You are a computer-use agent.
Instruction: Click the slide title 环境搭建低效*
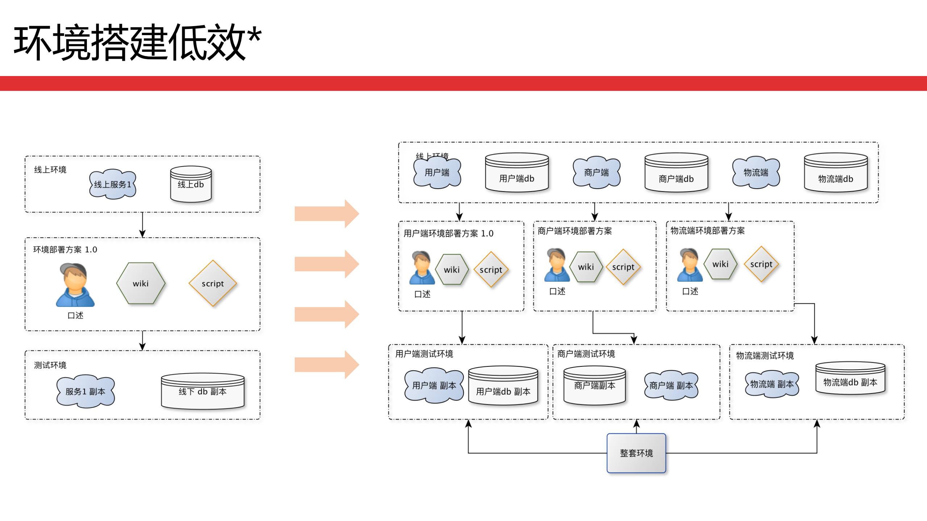[x=138, y=42]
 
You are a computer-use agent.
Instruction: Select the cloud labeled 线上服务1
[x=113, y=184]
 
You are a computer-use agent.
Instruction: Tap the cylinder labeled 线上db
[x=191, y=184]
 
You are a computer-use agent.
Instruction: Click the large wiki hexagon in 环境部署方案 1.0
[x=141, y=283]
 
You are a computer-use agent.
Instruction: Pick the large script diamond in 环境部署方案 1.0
[x=213, y=283]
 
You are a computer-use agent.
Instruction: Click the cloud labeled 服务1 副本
[x=85, y=391]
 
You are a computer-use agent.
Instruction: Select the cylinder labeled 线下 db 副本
[x=202, y=391]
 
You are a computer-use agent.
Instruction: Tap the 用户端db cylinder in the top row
[x=517, y=173]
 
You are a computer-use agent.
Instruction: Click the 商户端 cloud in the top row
[x=596, y=172]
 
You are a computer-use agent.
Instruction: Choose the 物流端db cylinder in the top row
[x=835, y=173]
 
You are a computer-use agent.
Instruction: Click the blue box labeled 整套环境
[x=636, y=453]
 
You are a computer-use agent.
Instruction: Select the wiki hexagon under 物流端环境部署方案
[x=720, y=264]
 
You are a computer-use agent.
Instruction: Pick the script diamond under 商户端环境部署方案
[x=623, y=267]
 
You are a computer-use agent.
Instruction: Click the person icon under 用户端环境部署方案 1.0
[x=422, y=268]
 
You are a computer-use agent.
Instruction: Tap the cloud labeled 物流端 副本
[x=772, y=384]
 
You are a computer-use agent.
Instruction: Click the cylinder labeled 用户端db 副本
[x=503, y=386]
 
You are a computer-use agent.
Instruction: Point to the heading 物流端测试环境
[x=765, y=356]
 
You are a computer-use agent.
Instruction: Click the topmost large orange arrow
[x=326, y=214]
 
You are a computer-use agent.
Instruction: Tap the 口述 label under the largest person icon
[x=75, y=315]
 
